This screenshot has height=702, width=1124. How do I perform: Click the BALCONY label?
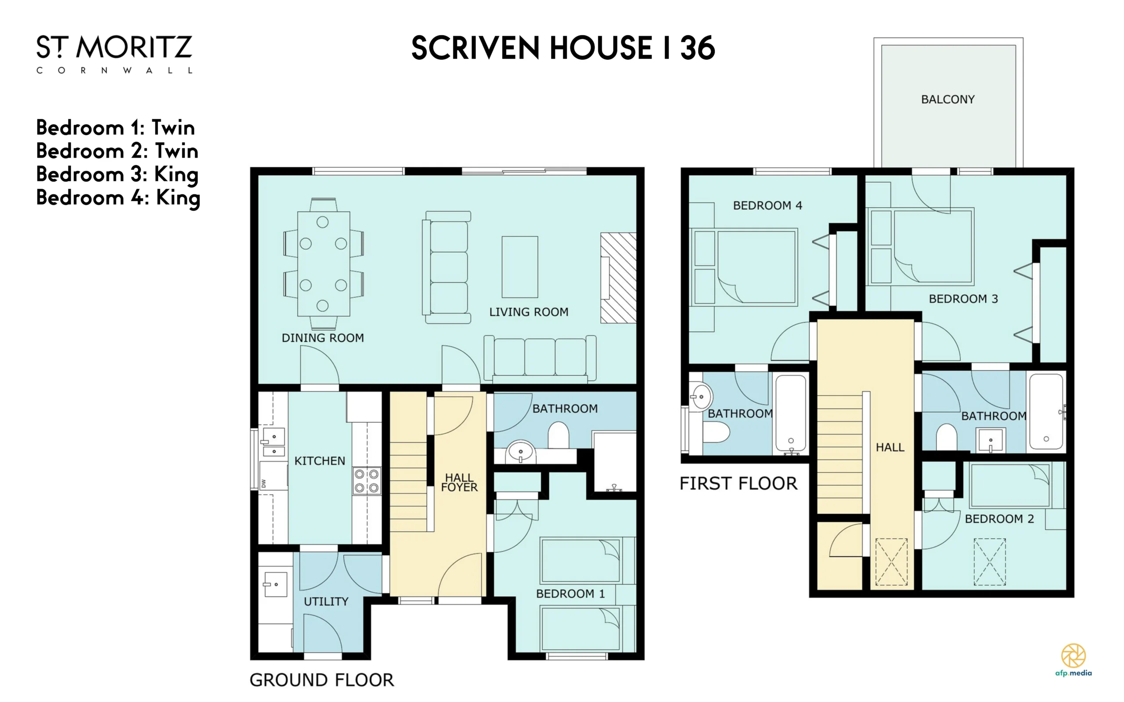pos(947,99)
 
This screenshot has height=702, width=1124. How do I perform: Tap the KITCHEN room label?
pos(320,461)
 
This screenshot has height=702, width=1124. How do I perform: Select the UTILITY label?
pos(326,602)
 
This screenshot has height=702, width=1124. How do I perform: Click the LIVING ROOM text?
pos(529,312)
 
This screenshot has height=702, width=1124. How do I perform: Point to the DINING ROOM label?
pos(323,338)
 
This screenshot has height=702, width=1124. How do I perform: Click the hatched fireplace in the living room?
pos(618,277)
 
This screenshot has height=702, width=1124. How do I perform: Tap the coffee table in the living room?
pos(520,267)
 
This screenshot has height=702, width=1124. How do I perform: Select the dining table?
pos(324,264)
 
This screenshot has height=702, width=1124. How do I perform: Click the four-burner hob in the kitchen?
pos(367,481)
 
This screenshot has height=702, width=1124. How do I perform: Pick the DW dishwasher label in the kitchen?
pos(264,483)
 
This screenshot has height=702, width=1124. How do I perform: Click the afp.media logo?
pos(1074,660)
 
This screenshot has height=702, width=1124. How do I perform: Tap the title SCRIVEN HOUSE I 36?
pos(563,48)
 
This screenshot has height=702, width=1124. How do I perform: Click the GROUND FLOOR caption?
pos(322,680)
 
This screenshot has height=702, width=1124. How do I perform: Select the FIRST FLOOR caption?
pos(739,484)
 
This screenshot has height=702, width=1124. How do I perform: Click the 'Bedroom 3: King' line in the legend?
pos(118,175)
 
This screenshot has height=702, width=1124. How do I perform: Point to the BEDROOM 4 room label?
pos(767,205)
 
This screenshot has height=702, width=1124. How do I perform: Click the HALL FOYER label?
pos(459,482)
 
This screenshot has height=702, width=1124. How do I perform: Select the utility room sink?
pos(275,584)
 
